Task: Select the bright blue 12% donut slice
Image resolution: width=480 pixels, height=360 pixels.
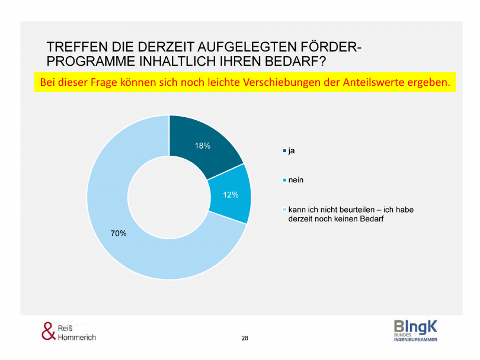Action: [230, 194]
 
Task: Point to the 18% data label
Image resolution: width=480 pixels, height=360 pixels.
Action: [203, 146]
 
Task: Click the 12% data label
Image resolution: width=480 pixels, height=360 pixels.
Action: [231, 194]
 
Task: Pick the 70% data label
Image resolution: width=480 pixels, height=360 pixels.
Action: [119, 233]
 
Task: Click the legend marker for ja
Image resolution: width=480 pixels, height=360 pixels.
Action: [284, 151]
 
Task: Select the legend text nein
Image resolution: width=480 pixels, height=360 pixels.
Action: [296, 180]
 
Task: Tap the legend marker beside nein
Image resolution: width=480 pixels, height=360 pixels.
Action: [284, 180]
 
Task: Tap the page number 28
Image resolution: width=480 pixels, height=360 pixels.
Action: [245, 337]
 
